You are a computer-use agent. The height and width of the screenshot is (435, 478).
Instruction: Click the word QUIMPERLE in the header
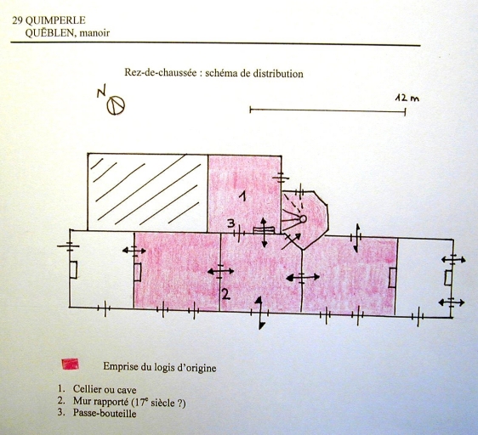coord(55,20)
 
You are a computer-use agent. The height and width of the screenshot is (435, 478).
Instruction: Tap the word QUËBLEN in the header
coord(50,32)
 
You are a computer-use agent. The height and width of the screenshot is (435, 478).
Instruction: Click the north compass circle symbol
coord(116,105)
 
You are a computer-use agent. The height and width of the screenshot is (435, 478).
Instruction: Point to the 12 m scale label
coord(407,98)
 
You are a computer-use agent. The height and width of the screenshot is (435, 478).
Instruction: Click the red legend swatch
coord(70,364)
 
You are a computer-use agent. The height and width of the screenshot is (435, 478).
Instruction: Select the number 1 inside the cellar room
coord(242,196)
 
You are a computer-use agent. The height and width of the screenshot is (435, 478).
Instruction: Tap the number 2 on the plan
coord(225,294)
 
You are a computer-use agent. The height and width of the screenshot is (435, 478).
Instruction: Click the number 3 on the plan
coord(231,224)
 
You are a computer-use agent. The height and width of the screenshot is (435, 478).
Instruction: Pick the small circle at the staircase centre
coord(303,218)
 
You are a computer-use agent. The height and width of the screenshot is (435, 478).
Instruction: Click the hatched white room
coord(147,192)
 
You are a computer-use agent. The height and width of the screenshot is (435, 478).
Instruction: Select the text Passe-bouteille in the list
coord(105,413)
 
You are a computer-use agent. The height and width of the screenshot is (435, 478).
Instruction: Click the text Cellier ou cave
coord(105,389)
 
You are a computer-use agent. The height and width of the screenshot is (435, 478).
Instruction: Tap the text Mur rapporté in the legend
coord(100,402)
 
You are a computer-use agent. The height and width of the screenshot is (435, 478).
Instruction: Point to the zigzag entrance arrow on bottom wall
coord(259,313)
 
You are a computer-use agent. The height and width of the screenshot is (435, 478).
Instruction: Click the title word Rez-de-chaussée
coord(161,73)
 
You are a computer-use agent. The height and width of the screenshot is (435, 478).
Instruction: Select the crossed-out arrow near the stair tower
coord(291,241)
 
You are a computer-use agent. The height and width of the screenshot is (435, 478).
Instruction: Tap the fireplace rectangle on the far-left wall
coord(73,270)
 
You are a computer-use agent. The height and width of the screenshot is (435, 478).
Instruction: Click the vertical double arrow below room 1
coord(264,233)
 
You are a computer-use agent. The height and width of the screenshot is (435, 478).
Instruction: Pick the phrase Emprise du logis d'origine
coord(160,367)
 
